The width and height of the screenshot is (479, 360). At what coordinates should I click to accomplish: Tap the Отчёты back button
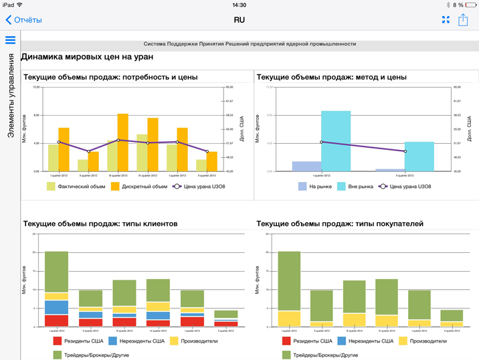tap(24, 20)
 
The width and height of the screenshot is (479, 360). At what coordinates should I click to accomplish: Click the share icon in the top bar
tap(463, 20)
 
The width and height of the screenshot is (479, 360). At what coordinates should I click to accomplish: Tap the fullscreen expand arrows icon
tap(446, 20)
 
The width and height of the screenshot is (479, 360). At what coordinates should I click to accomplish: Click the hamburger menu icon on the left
tap(10, 40)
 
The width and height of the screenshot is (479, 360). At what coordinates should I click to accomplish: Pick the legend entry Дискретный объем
tap(139, 187)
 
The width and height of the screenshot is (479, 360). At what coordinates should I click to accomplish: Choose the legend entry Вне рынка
tap(355, 187)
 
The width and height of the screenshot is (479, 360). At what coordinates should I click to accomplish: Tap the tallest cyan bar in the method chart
tap(336, 141)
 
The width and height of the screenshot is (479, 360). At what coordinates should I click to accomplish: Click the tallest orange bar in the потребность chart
tap(123, 142)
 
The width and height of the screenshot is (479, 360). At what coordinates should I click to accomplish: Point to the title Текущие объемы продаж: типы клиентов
tap(100, 223)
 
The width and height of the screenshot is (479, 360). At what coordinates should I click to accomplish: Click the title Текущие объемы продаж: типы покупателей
tap(340, 223)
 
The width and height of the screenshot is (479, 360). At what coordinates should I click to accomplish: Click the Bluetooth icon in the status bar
tap(448, 5)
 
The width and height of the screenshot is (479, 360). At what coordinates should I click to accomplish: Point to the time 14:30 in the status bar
tap(239, 5)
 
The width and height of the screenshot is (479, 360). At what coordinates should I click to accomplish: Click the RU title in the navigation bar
tap(239, 20)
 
